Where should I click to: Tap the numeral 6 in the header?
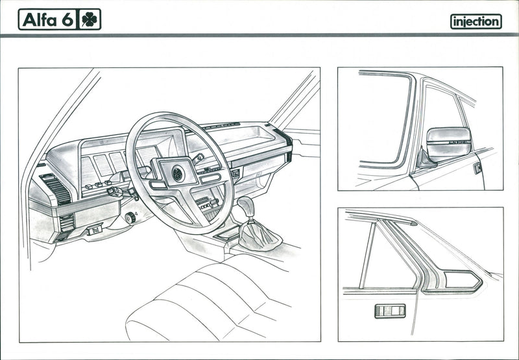(x=67, y=19)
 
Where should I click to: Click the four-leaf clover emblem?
(x=90, y=19)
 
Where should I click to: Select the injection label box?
(x=476, y=21)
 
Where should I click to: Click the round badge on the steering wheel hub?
(x=177, y=173)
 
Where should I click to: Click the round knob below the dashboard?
(x=130, y=217)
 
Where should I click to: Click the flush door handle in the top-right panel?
(x=477, y=169)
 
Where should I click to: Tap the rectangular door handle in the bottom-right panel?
(x=389, y=311)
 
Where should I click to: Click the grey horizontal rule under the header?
(x=259, y=35)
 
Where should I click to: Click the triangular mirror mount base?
(x=425, y=160)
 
